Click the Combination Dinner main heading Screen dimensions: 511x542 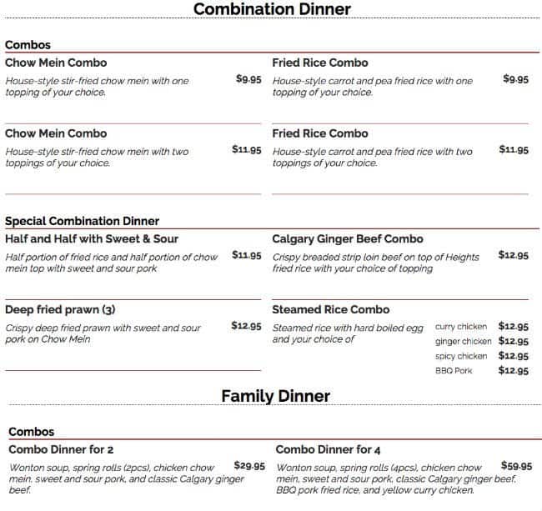coord(272,10)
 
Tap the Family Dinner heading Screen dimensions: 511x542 coord(275,396)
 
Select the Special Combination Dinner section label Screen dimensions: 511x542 coord(82,221)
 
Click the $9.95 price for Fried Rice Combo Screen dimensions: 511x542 coord(515,79)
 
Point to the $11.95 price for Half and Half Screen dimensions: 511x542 coord(247,255)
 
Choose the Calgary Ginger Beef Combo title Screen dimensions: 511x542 coord(347,239)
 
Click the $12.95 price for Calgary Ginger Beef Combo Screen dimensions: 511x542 coord(514,255)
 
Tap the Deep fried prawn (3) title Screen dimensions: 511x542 coord(60,310)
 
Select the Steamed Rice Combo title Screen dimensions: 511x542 coord(331,310)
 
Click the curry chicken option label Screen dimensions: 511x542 coord(461,327)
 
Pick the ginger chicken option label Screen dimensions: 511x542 coord(463,342)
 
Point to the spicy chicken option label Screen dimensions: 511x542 coord(461,357)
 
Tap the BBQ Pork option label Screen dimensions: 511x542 coord(454,371)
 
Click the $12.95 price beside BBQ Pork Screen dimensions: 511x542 coord(514,371)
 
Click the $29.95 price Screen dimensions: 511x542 coord(249,466)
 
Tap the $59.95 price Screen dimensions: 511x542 coord(516,466)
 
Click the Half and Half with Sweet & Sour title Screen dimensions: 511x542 coord(92,239)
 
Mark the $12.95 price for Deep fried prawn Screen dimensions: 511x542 coord(247,326)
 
